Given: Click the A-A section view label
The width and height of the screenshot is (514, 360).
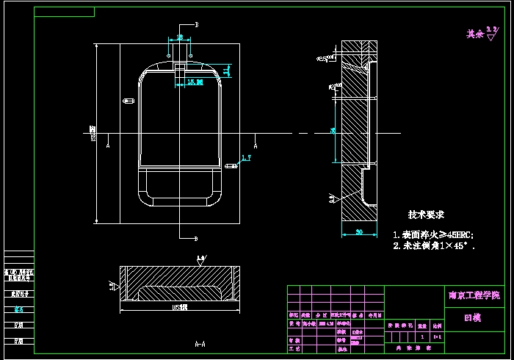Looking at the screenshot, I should [x=200, y=343].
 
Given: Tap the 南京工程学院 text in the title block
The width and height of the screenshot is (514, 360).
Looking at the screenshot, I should [x=474, y=295].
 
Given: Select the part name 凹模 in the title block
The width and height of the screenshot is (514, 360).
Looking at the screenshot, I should [x=473, y=318].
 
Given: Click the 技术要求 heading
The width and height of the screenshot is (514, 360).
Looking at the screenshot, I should [x=427, y=215].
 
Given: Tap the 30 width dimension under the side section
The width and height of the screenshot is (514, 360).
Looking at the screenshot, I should [x=359, y=232].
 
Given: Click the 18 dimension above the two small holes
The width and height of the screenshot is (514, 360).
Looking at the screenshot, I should [x=180, y=37].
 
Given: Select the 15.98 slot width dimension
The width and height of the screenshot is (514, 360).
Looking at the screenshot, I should [x=195, y=82].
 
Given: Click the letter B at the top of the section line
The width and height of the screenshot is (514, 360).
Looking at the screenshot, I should [x=197, y=24].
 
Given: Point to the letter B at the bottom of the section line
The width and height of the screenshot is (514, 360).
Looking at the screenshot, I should [x=197, y=238].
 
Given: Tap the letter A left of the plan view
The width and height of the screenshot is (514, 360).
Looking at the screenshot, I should [x=109, y=145].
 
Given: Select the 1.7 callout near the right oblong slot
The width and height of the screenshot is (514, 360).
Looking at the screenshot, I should [x=246, y=157].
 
